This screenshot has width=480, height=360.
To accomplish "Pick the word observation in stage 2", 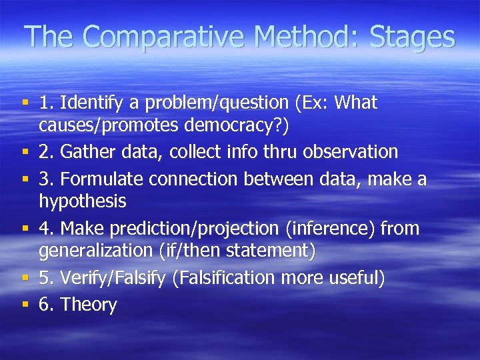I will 351,152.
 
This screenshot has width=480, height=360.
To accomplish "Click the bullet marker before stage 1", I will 25,103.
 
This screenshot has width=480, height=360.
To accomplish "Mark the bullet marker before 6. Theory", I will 25,304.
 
